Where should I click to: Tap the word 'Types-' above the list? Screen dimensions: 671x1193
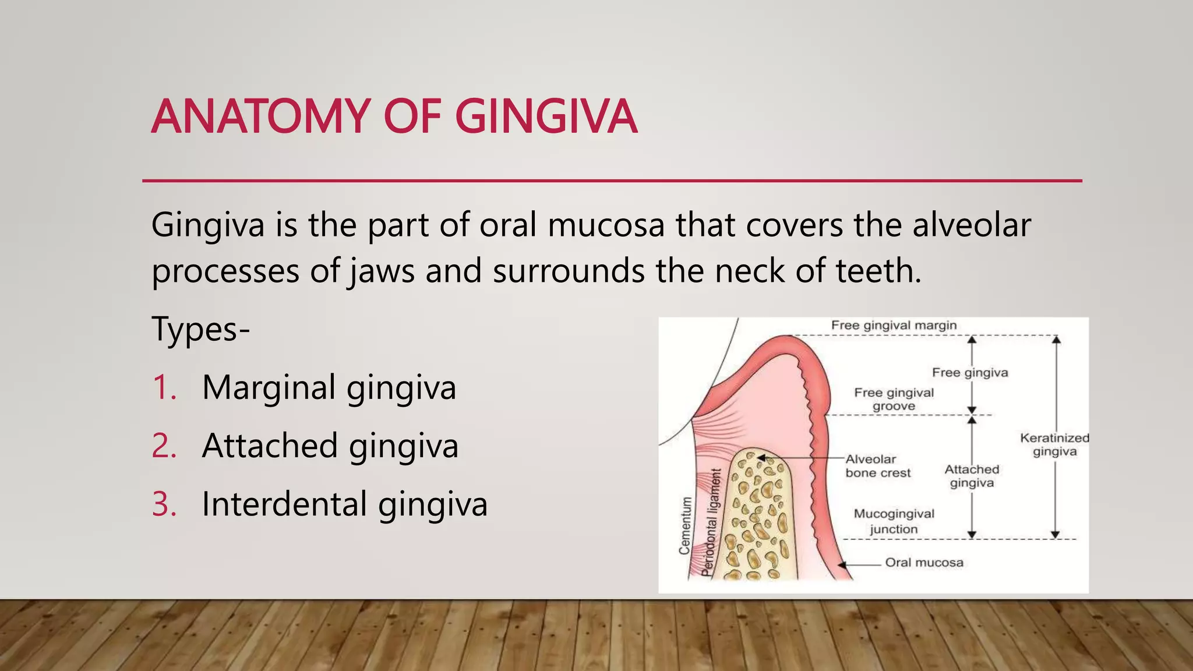200,329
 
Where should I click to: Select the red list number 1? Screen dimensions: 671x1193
164,387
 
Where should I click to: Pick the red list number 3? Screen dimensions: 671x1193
164,504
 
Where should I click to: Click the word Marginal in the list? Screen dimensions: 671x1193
269,387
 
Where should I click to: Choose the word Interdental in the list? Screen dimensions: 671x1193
284,504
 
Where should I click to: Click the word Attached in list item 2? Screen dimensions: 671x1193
270,446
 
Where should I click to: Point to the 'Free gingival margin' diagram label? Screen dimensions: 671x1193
894,325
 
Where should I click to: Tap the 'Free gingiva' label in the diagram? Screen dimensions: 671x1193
969,372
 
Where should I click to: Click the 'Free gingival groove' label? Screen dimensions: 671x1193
894,400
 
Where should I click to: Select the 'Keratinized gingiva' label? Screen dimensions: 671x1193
1054,444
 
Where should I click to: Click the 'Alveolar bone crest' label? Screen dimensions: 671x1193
877,466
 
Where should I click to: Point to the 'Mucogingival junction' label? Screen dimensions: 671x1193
894,521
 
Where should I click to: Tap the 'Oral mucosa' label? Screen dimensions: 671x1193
924,563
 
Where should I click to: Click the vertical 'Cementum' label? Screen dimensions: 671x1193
686,525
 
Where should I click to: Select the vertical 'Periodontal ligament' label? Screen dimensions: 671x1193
711,522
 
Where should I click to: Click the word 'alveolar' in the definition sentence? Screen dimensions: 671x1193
971,225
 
